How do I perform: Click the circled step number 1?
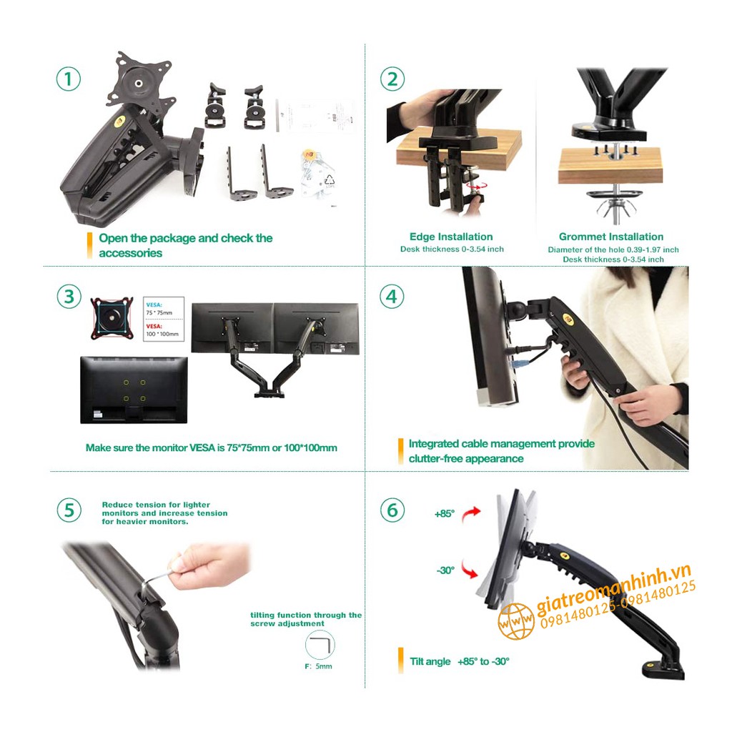click(x=69, y=79)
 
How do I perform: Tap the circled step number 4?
click(x=392, y=296)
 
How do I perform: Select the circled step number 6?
click(x=392, y=510)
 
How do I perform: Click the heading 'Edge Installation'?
click(x=451, y=237)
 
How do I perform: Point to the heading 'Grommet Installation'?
click(x=611, y=237)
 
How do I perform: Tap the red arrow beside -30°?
click(x=469, y=569)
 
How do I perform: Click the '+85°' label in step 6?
click(x=445, y=513)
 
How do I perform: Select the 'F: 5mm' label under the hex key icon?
click(x=318, y=666)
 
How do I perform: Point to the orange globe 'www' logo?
click(x=515, y=621)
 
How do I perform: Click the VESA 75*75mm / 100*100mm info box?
click(x=163, y=319)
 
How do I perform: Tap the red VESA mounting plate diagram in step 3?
click(x=112, y=318)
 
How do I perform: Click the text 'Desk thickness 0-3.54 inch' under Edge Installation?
click(x=452, y=249)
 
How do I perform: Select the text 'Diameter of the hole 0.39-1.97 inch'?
click(x=613, y=249)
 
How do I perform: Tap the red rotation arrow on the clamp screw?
click(x=477, y=187)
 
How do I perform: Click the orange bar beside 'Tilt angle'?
click(x=400, y=661)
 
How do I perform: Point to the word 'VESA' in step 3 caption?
click(x=202, y=447)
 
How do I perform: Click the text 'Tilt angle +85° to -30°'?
click(x=460, y=661)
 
